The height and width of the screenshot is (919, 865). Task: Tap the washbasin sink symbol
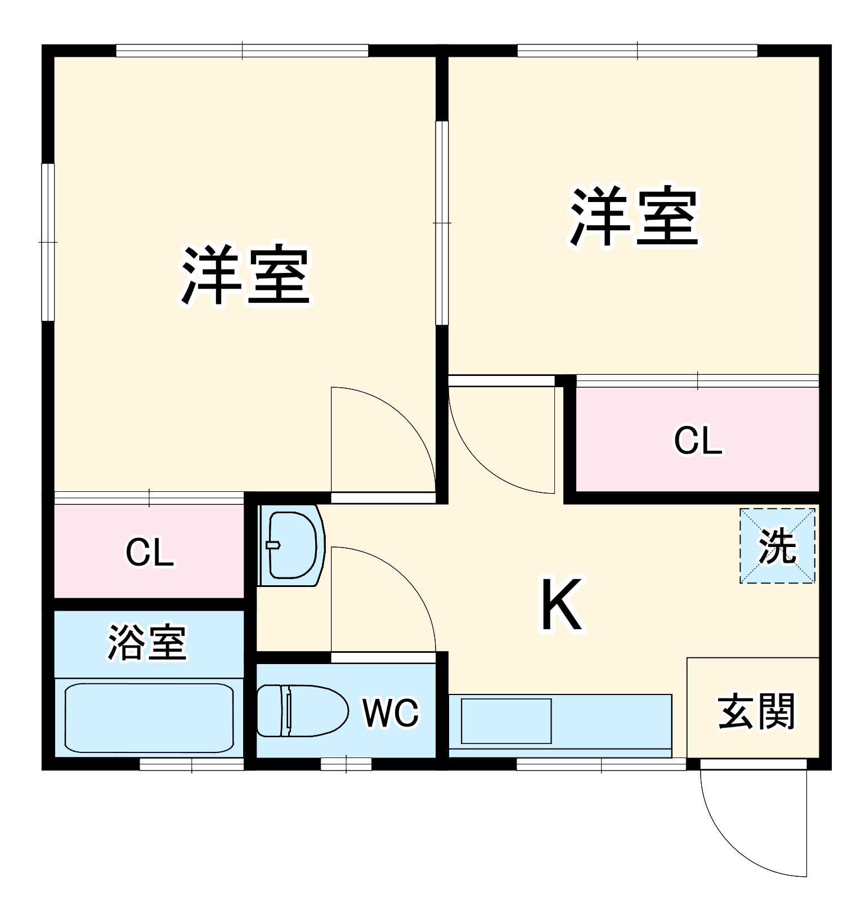[291, 545]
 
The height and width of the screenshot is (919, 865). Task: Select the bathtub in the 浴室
[149, 717]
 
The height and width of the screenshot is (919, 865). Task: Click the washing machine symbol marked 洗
[777, 546]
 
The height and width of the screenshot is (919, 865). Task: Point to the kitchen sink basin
[506, 721]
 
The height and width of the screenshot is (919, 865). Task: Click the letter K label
[561, 605]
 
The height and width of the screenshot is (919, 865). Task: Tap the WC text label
[391, 713]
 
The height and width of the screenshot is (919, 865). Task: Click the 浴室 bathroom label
[147, 643]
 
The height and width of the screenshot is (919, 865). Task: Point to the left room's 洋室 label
[245, 276]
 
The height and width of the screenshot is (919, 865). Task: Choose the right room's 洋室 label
[634, 217]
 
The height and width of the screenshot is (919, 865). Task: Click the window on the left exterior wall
[48, 242]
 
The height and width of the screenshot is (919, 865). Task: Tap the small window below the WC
[346, 764]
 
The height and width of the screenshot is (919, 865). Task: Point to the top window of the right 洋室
[637, 51]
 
